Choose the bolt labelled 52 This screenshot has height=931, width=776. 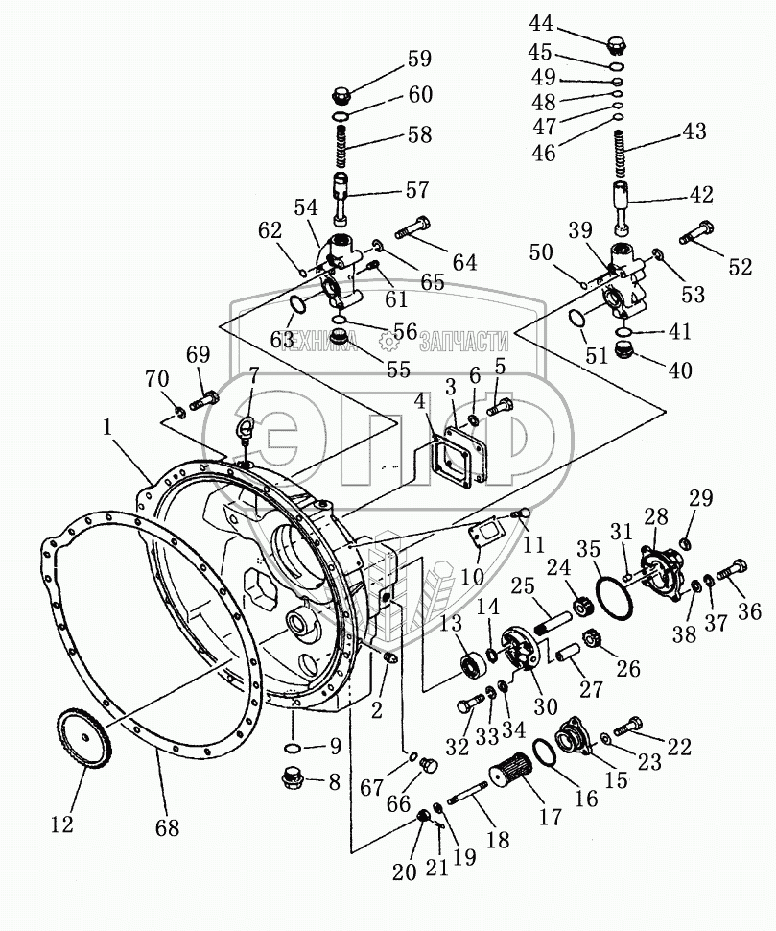point(693,232)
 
